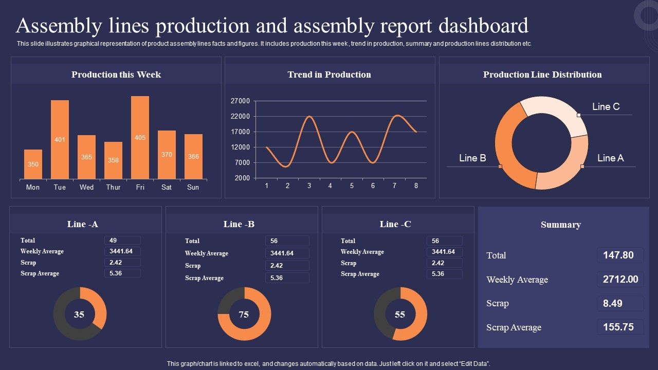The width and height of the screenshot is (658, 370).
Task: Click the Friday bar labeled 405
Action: (140, 138)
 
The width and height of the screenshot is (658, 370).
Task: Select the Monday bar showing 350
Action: (33, 164)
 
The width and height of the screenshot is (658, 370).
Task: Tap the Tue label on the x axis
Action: (60, 188)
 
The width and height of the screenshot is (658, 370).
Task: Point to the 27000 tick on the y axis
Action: (240, 101)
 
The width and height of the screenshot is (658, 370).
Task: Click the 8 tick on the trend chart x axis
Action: (416, 186)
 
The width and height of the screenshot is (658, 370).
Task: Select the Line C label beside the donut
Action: (606, 107)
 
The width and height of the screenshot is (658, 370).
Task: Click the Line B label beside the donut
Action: (472, 158)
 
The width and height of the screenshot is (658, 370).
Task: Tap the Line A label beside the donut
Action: (610, 158)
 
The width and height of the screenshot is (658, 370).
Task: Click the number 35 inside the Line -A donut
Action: (79, 314)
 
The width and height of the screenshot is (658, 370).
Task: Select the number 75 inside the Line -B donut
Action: (244, 314)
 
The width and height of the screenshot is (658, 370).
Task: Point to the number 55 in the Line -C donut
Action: (400, 314)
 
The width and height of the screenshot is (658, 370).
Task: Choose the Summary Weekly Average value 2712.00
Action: (620, 280)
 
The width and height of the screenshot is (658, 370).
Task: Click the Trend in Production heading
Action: (329, 75)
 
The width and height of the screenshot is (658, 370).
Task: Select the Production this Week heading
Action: (116, 75)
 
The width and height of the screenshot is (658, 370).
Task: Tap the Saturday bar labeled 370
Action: (167, 155)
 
